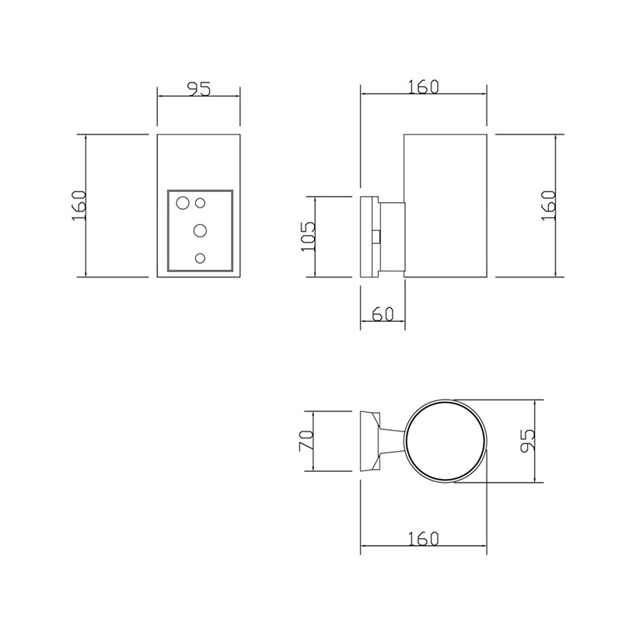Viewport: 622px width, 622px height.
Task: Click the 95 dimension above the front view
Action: pos(198,89)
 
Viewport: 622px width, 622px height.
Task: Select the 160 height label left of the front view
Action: pos(79,206)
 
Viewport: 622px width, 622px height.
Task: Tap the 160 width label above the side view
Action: pos(423,87)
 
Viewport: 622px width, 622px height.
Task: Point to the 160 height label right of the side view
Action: pos(549,205)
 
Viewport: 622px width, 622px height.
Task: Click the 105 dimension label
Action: pos(308,236)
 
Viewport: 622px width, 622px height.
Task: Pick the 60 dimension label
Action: pos(383,314)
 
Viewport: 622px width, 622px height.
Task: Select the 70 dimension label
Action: pos(306,440)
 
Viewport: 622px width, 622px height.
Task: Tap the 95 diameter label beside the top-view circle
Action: pos(529,440)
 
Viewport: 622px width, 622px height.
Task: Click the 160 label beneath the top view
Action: pos(423,539)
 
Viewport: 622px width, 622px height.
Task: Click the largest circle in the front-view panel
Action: pos(183,204)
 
